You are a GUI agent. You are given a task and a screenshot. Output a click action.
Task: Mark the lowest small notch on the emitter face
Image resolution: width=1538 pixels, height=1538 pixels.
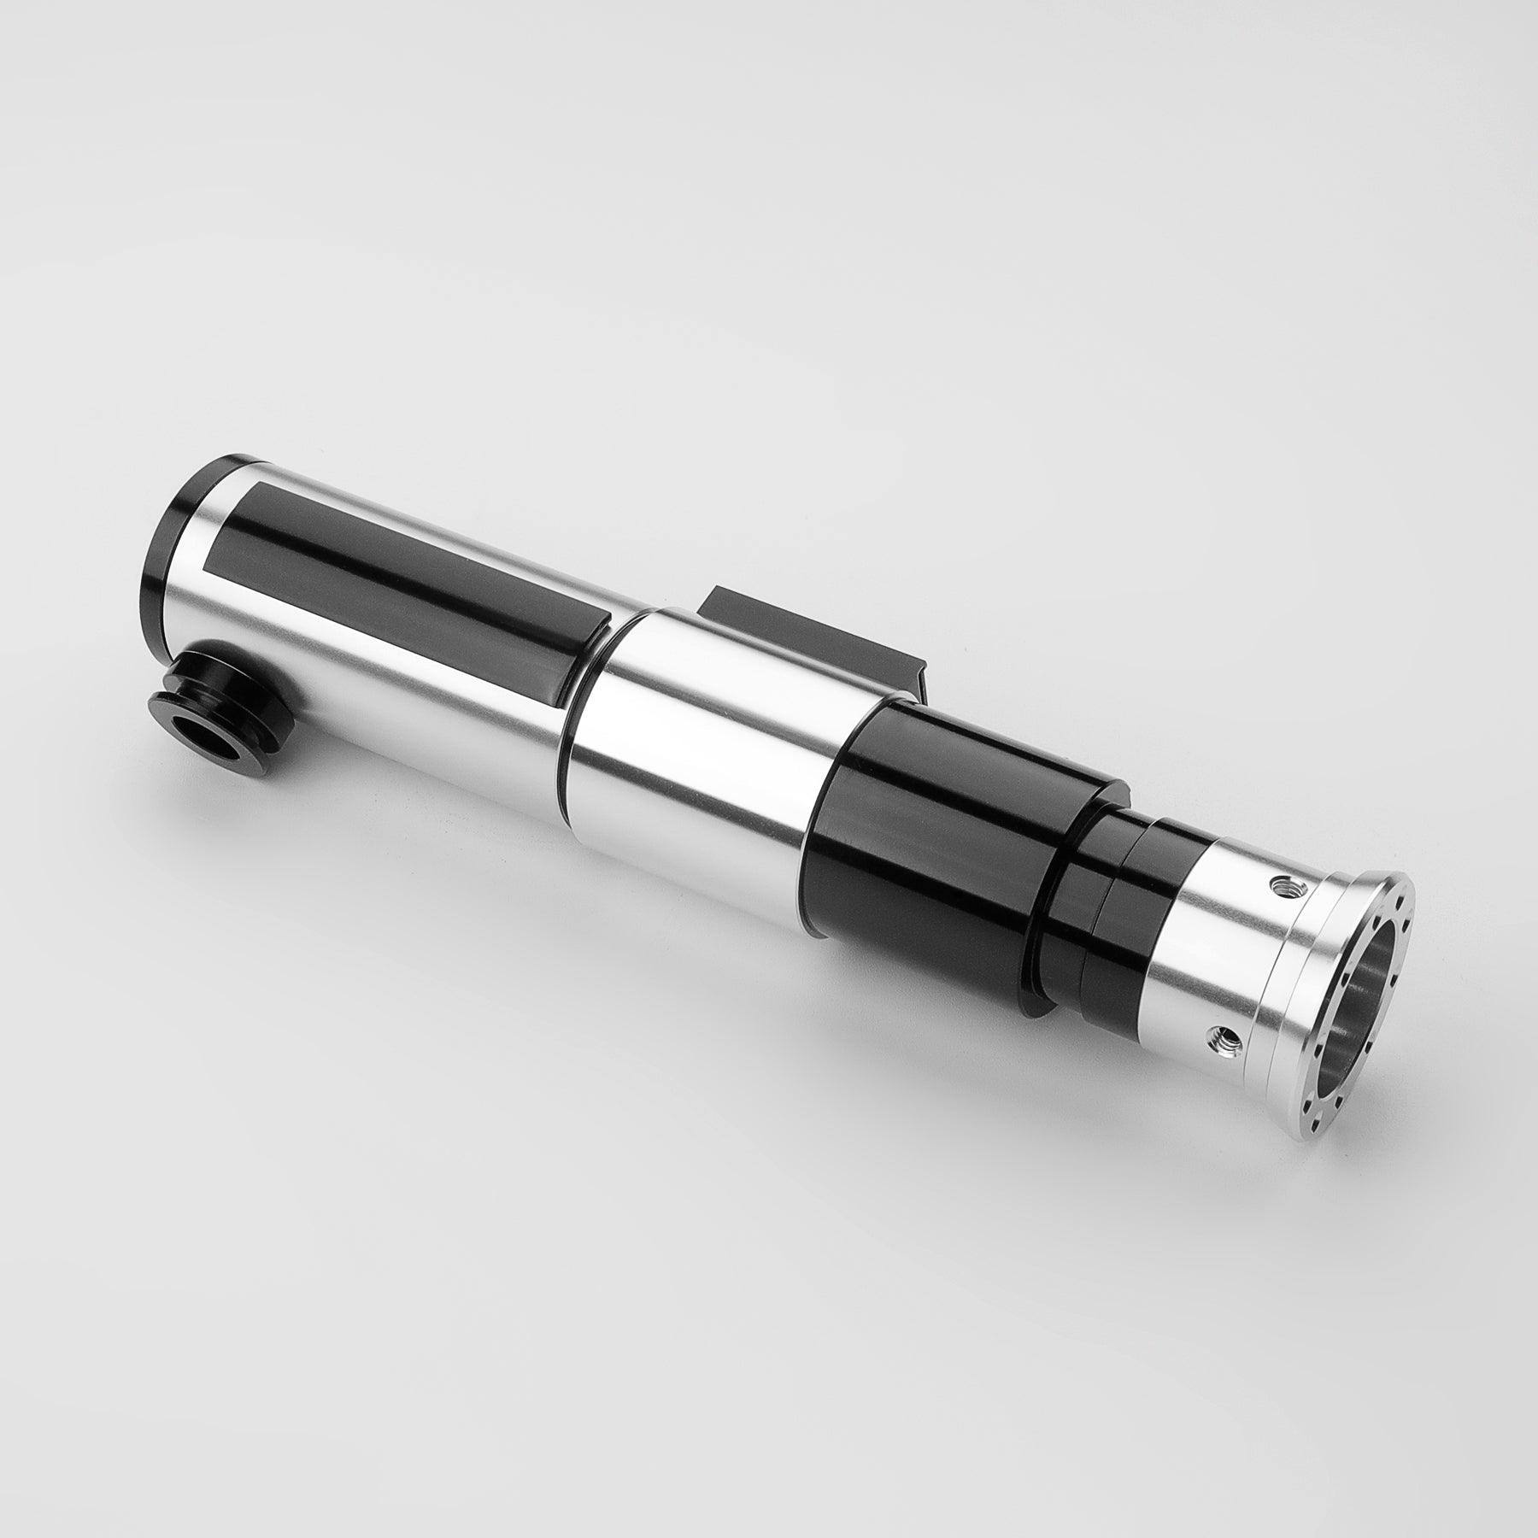1320,1102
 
